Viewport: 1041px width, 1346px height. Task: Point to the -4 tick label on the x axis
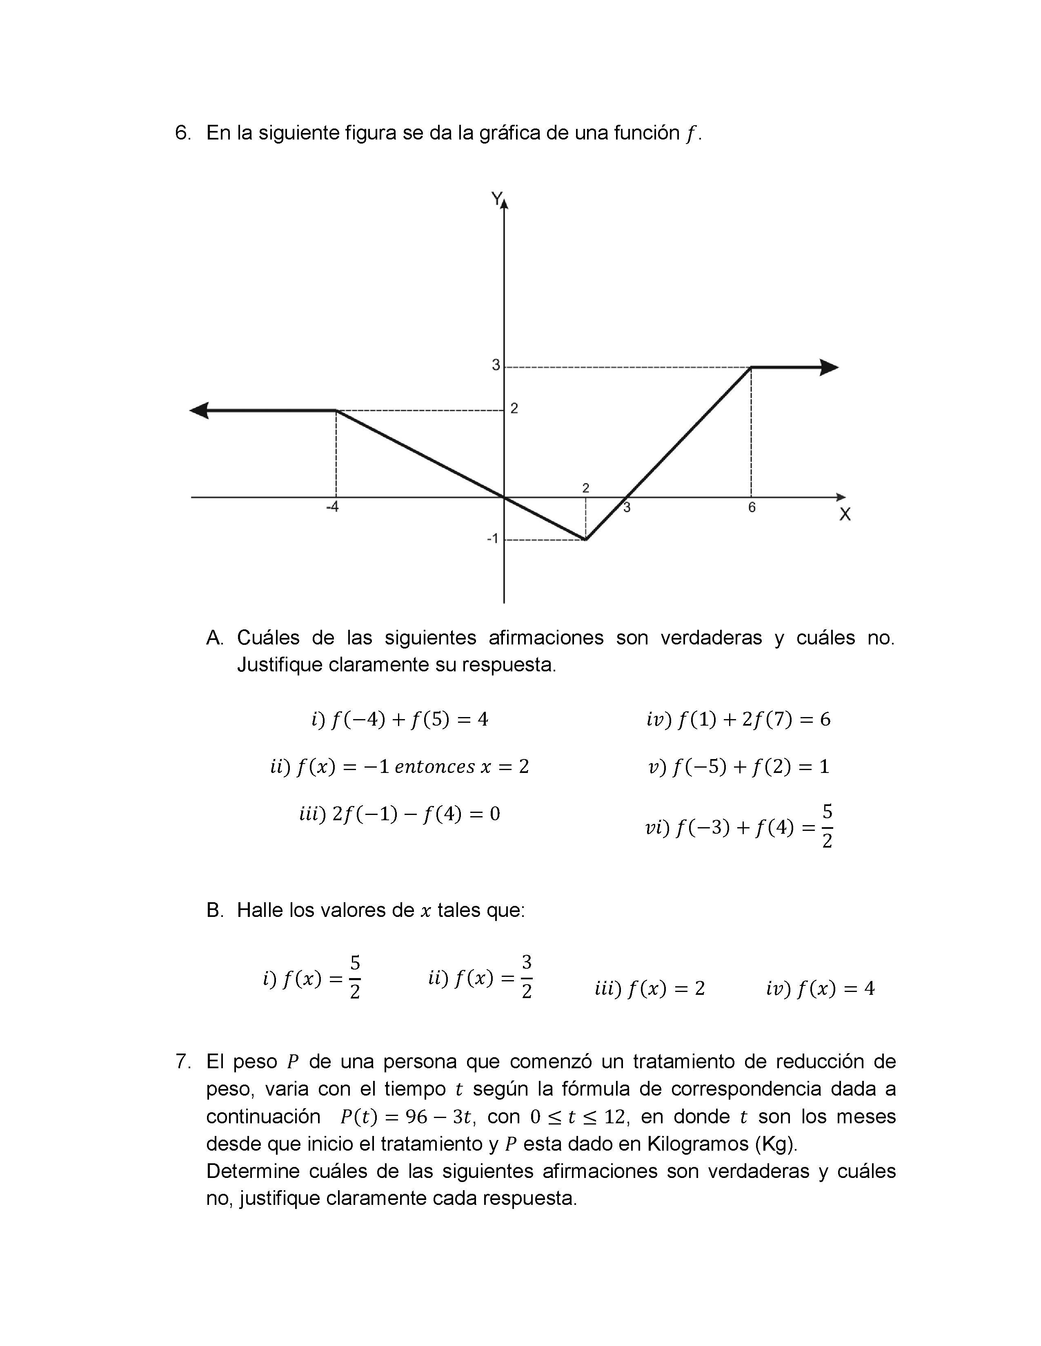pos(332,507)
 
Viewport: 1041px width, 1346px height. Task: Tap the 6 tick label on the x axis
pos(752,507)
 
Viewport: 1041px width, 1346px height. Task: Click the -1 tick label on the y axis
pos(492,539)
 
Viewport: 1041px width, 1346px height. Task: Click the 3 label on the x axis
pos(627,508)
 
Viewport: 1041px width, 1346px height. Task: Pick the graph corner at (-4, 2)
pos(336,410)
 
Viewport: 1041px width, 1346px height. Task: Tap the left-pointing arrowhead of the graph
pos(199,410)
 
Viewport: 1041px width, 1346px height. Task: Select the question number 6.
pos(182,133)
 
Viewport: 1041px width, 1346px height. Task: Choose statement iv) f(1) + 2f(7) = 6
pos(738,719)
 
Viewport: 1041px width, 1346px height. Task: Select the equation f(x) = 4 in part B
pos(820,989)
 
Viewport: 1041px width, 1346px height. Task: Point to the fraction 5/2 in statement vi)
pos(827,826)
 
